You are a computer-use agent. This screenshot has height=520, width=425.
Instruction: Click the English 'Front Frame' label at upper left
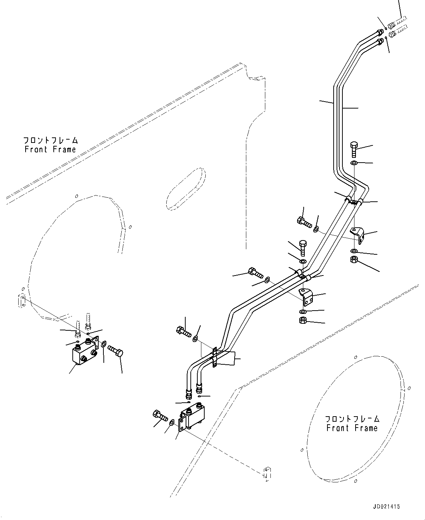pos(50,149)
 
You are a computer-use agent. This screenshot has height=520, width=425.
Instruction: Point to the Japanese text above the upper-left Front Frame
pos(51,141)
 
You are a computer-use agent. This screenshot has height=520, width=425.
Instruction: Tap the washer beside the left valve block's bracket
pos(104,344)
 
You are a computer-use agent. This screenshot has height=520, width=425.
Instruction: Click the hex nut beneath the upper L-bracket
pos(354,259)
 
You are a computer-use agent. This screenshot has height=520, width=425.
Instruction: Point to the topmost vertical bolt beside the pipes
pos(354,149)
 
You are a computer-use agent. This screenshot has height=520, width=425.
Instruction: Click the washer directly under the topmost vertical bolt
pos(354,163)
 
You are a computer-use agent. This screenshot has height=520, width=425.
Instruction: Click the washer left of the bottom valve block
pos(172,422)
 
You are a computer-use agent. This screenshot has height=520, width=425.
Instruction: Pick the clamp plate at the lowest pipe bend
pos(215,357)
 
